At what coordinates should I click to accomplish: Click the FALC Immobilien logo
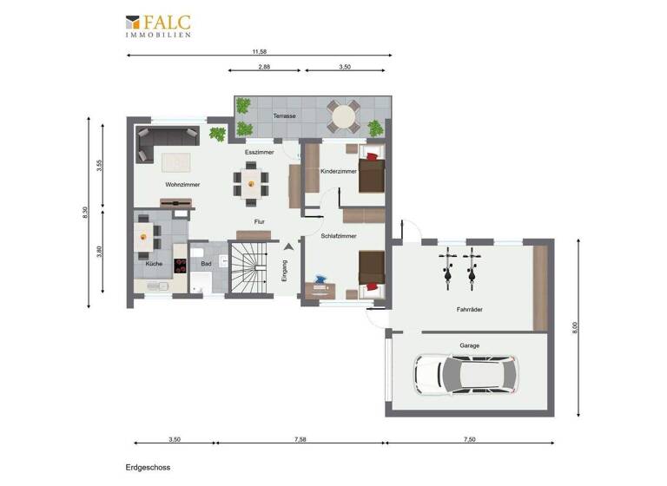158,25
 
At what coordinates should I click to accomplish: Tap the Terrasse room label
284,115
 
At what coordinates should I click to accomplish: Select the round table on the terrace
342,114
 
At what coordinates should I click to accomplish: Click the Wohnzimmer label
182,185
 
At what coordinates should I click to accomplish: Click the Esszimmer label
259,152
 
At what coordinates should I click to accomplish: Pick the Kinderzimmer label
338,172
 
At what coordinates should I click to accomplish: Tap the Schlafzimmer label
338,235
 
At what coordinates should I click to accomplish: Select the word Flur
259,222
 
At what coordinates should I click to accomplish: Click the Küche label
153,263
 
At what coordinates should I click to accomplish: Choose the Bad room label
206,263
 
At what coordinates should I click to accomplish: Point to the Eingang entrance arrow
287,251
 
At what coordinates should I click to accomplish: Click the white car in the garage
465,374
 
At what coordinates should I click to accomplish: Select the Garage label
469,345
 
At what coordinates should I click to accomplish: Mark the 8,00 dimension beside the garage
574,327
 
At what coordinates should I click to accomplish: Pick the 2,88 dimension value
264,66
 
